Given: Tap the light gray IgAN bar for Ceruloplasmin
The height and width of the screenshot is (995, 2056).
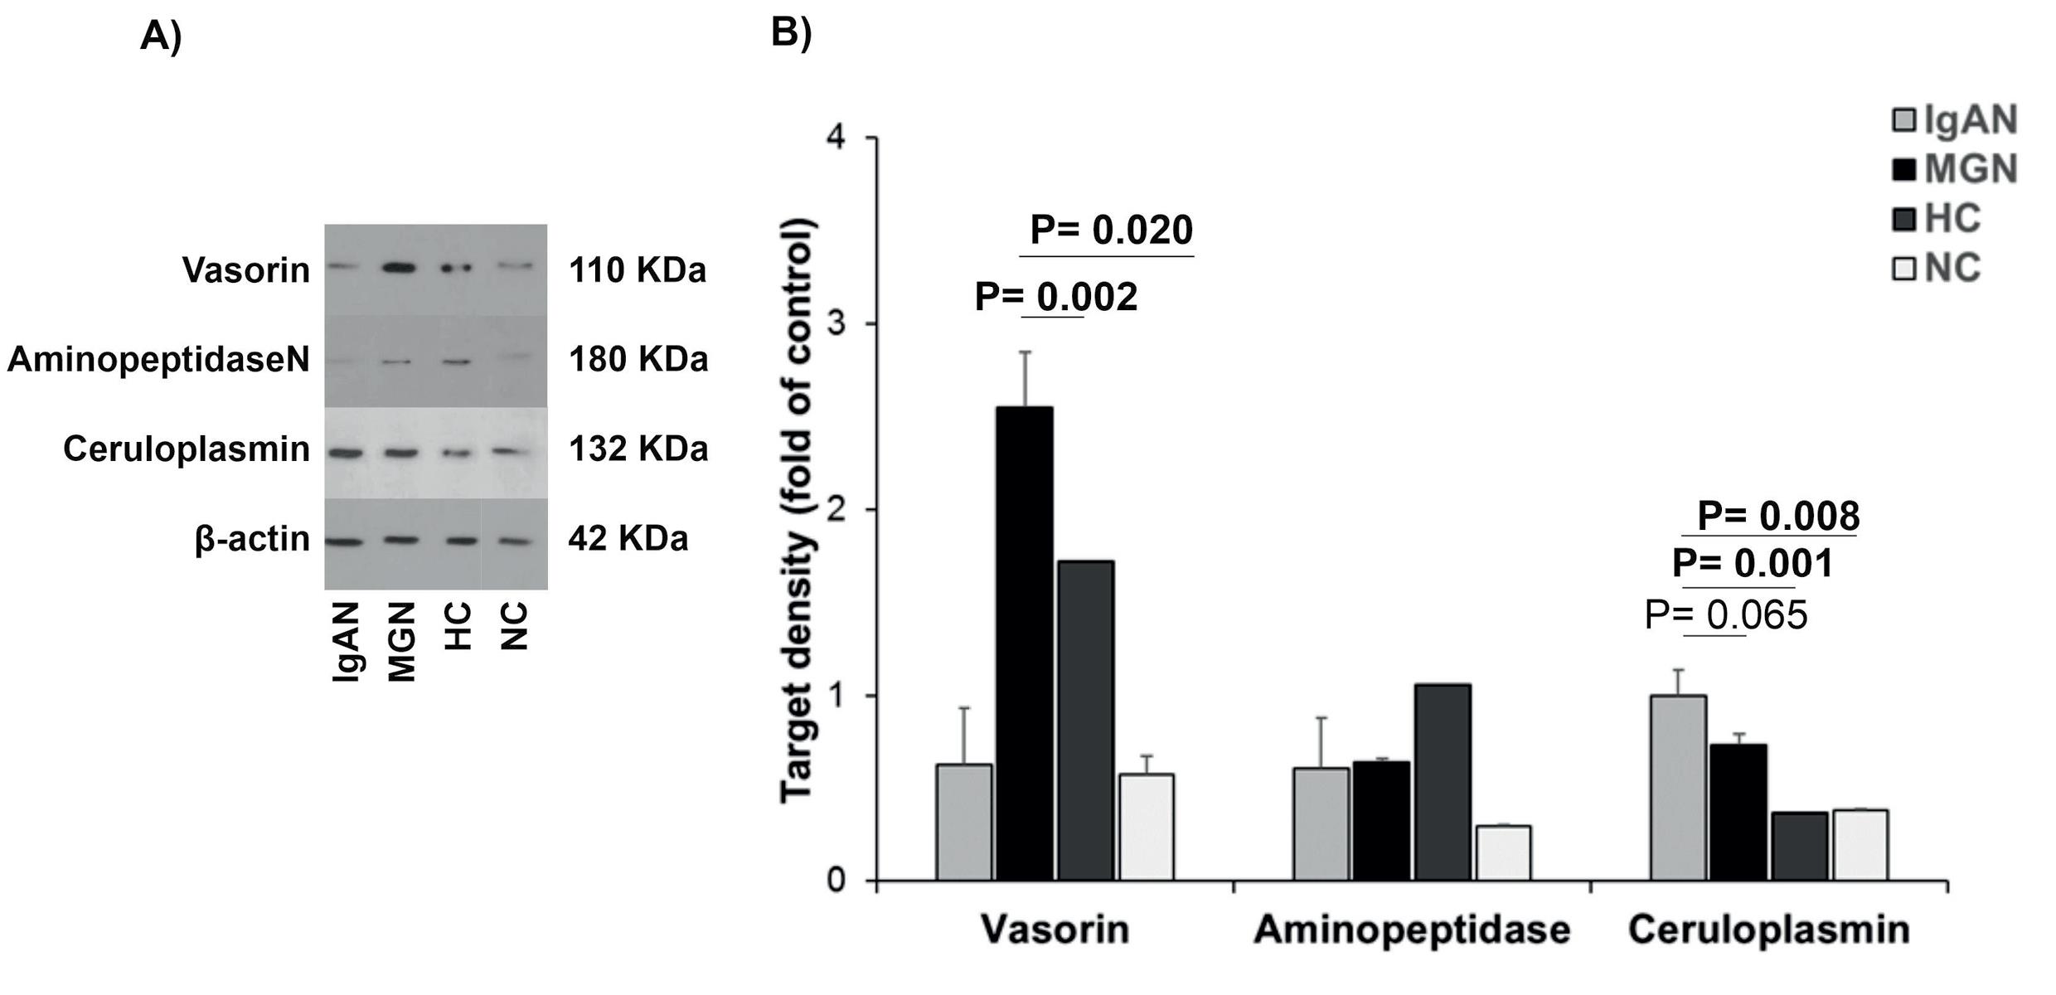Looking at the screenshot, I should [1678, 787].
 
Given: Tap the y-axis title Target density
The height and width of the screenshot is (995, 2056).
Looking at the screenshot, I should [798, 509].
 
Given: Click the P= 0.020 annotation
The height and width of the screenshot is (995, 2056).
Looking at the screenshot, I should [1111, 231].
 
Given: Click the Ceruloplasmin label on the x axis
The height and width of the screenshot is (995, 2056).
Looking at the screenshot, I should [1768, 929].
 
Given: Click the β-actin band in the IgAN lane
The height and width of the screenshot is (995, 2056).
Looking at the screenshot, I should [344, 541].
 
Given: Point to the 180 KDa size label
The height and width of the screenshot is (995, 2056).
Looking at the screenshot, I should [638, 359].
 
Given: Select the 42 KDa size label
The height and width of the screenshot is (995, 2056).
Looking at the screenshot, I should [628, 539].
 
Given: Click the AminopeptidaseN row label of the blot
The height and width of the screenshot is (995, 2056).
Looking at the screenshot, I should [158, 360].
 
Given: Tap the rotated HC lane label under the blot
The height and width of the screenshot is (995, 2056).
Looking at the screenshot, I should [458, 625].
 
